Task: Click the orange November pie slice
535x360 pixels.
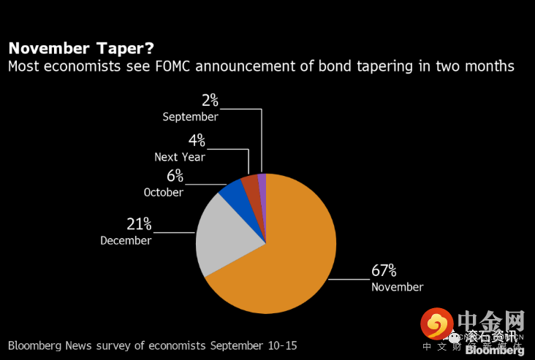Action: click(x=285, y=263)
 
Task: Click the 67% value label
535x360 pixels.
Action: click(x=384, y=271)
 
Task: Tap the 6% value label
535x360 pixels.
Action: click(x=173, y=176)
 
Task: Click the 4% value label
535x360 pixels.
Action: click(x=197, y=140)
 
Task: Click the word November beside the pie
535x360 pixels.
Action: click(x=397, y=287)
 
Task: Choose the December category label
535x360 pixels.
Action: click(x=126, y=240)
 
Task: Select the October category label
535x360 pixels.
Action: click(x=163, y=192)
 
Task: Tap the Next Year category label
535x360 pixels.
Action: click(x=180, y=157)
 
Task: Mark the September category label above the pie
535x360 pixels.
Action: click(x=190, y=117)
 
